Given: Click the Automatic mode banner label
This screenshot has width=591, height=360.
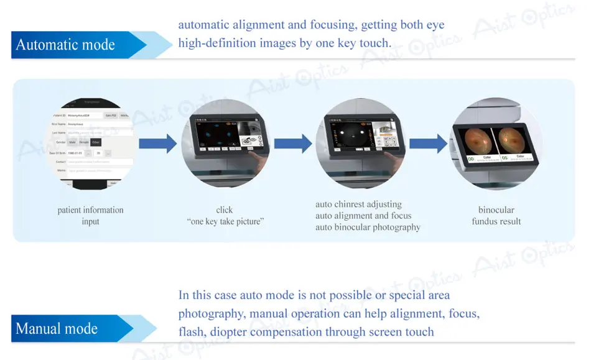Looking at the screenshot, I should point(65,45).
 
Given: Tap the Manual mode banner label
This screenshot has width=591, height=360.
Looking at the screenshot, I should point(57,328).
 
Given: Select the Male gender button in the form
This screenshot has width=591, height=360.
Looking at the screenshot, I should point(72,142).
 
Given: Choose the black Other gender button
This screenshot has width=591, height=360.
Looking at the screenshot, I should point(96,142).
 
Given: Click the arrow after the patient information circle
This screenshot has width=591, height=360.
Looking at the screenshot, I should point(157,144).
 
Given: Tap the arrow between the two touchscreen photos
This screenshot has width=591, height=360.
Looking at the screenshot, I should point(292,144).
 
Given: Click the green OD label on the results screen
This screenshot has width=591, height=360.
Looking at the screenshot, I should point(471,159).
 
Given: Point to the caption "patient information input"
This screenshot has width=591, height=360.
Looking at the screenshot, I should point(90,216).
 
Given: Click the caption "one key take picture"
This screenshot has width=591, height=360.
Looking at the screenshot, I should point(225,221).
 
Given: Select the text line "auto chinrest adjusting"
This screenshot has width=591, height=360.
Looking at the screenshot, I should point(358,205).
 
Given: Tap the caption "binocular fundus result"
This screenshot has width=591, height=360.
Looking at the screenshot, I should point(496,216).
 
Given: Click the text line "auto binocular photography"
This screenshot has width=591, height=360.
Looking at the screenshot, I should point(368,227).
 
